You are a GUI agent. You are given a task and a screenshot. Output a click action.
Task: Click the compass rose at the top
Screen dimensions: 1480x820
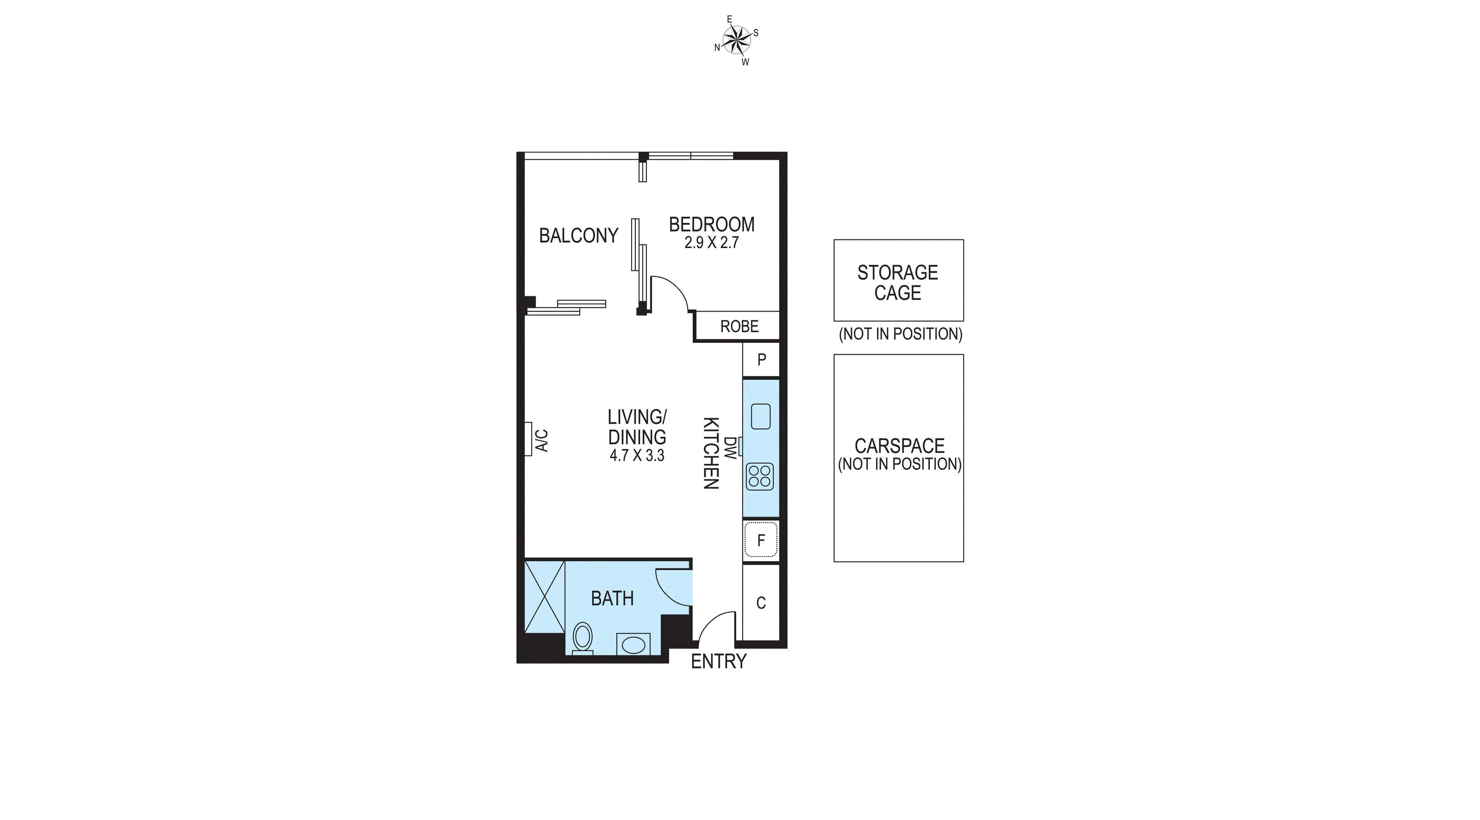pos(737,40)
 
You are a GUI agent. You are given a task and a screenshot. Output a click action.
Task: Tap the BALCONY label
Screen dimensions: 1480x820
pos(578,236)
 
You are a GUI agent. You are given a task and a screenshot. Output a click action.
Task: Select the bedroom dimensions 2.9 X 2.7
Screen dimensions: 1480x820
pos(711,242)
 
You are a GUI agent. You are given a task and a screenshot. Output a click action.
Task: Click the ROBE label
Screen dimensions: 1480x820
pos(739,326)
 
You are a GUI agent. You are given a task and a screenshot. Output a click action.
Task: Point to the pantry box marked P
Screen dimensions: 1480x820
pos(761,360)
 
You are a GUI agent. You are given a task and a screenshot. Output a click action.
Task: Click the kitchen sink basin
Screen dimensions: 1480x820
pos(761,416)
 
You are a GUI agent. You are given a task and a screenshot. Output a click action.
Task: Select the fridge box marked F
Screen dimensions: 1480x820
pos(761,540)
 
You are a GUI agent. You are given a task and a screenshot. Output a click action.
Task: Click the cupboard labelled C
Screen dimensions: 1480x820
pos(761,603)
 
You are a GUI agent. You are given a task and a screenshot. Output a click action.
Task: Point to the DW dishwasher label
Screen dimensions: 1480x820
pos(729,447)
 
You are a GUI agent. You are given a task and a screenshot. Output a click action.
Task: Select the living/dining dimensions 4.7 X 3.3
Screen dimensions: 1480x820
pos(637,456)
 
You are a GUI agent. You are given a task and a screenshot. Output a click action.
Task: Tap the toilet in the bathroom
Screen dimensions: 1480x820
pos(582,639)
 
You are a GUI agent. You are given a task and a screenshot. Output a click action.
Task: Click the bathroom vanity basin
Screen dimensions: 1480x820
pos(633,645)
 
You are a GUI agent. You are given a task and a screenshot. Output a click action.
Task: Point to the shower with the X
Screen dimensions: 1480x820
pos(545,597)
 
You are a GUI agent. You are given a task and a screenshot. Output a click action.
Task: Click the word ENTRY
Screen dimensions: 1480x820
pos(718,662)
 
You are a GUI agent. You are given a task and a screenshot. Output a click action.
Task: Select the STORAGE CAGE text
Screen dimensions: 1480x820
pos(898,283)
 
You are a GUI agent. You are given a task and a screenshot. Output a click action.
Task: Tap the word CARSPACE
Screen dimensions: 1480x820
pos(900,446)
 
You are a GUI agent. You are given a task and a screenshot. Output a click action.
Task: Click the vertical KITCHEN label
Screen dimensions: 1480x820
pos(711,454)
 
